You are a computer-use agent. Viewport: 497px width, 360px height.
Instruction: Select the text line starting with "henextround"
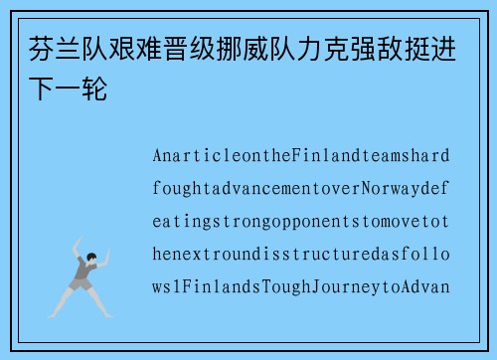click(301, 254)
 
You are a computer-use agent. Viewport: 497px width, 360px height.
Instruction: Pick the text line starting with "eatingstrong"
click(301, 222)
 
